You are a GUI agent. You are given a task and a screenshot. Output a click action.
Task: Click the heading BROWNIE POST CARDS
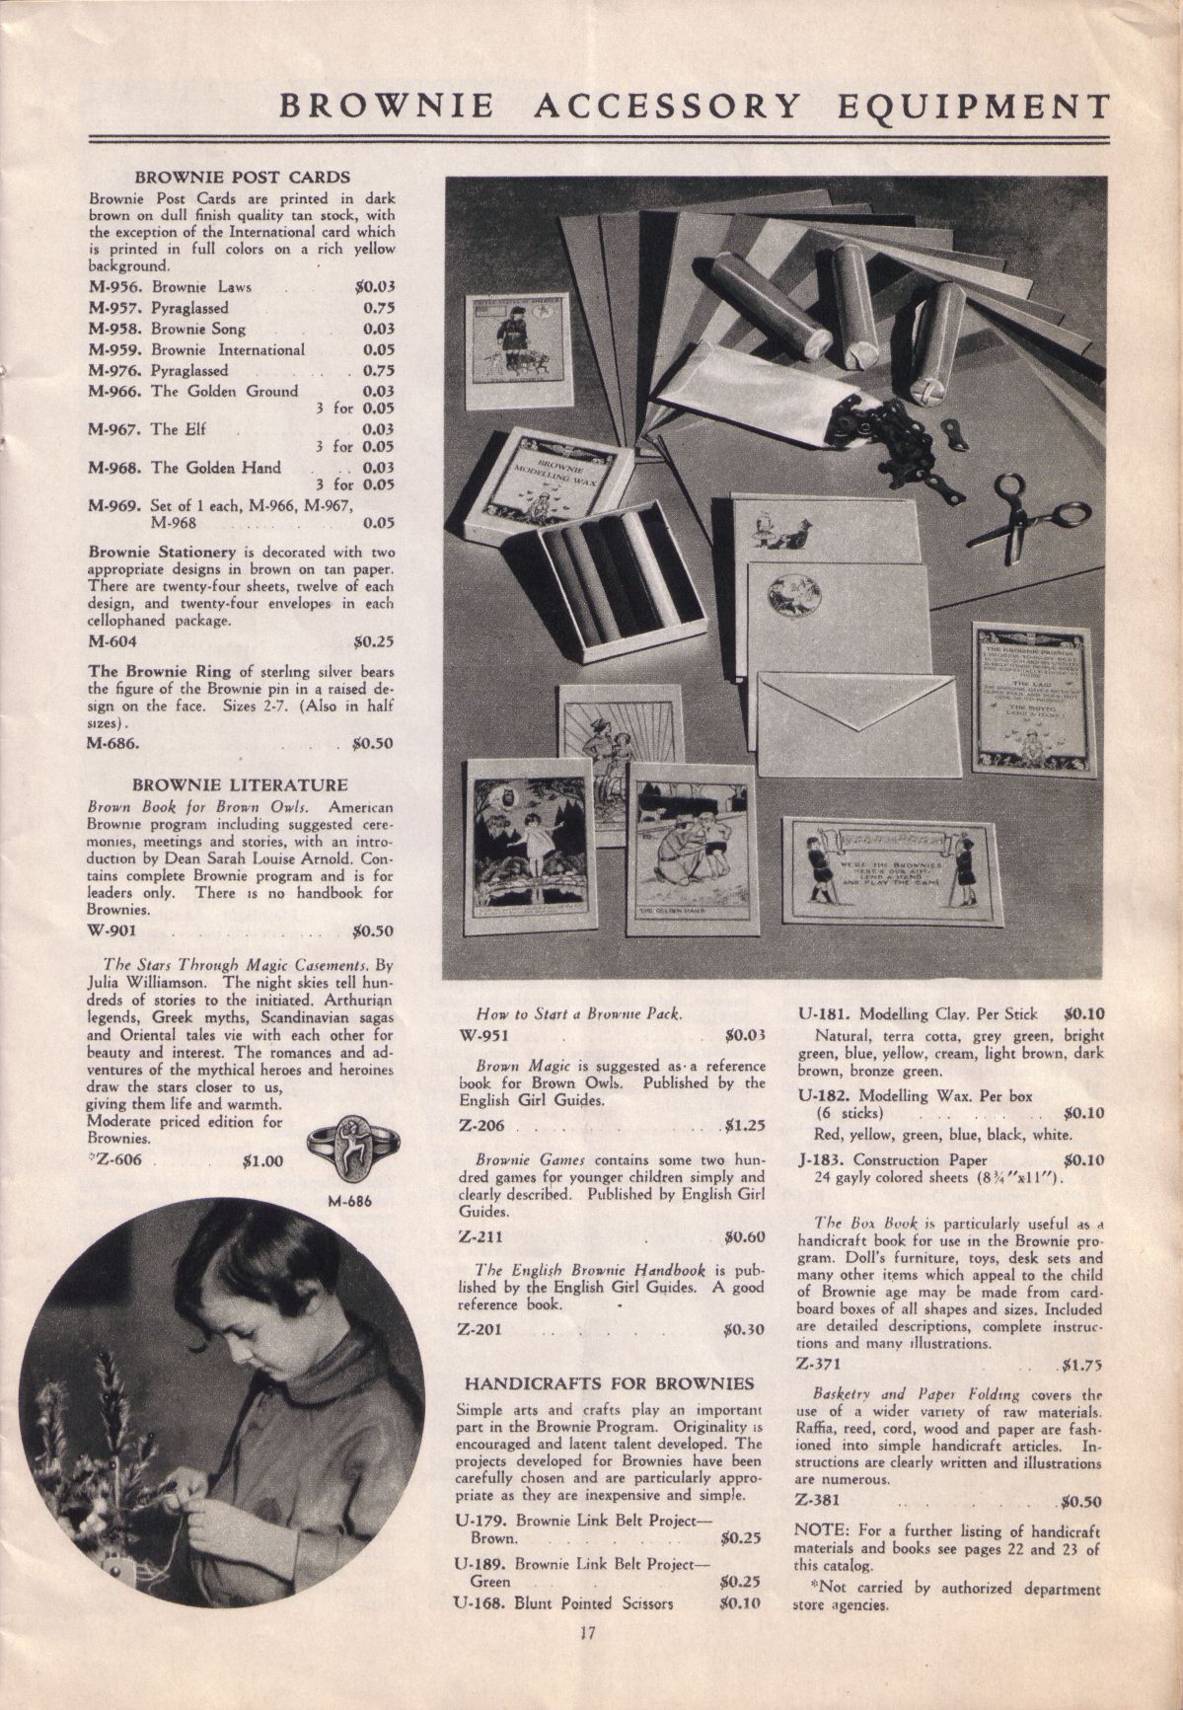click(x=242, y=178)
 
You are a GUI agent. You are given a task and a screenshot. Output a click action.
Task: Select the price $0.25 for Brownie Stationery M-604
click(x=373, y=641)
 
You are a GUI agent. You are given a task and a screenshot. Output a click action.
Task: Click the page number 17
click(x=590, y=1659)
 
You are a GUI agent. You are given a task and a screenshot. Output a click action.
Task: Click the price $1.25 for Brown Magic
click(x=745, y=1123)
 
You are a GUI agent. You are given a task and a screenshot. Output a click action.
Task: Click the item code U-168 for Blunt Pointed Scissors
click(x=479, y=1603)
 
